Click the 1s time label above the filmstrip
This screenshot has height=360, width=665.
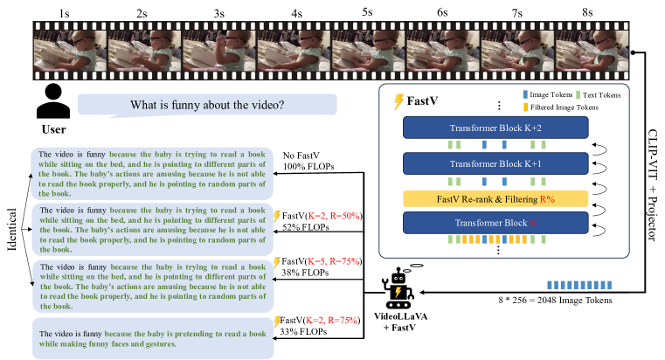(x=66, y=13)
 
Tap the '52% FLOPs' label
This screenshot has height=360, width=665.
(x=302, y=226)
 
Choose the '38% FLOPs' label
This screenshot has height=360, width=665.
(x=302, y=272)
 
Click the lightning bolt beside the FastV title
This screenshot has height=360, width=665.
(x=399, y=101)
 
